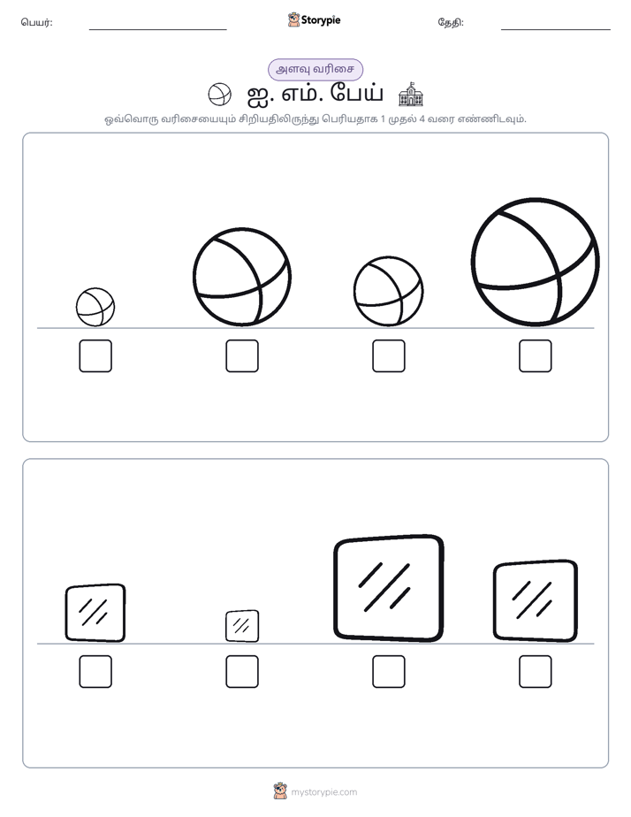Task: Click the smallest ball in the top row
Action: pyautogui.click(x=95, y=307)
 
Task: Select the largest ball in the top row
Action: pyautogui.click(x=536, y=262)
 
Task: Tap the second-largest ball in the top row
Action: pyautogui.click(x=242, y=277)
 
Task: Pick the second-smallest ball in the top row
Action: pyautogui.click(x=388, y=291)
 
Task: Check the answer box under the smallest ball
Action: pyautogui.click(x=95, y=355)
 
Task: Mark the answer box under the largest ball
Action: pyautogui.click(x=536, y=355)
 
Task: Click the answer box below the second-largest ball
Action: pyautogui.click(x=242, y=355)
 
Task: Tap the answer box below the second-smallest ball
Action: pyautogui.click(x=388, y=355)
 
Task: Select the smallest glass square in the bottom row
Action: pyautogui.click(x=242, y=626)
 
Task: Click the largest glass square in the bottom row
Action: pyautogui.click(x=388, y=588)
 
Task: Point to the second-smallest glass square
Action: pyautogui.click(x=95, y=613)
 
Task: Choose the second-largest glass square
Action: pyautogui.click(x=536, y=600)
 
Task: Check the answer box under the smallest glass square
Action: pyautogui.click(x=242, y=672)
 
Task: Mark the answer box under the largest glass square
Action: pyautogui.click(x=388, y=672)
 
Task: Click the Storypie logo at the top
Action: pyautogui.click(x=314, y=19)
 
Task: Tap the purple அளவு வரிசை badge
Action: pyautogui.click(x=315, y=69)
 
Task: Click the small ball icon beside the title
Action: pyautogui.click(x=219, y=95)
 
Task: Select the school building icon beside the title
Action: pyautogui.click(x=411, y=94)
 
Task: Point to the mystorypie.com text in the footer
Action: pyautogui.click(x=323, y=792)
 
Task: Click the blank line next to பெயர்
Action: pyautogui.click(x=157, y=30)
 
